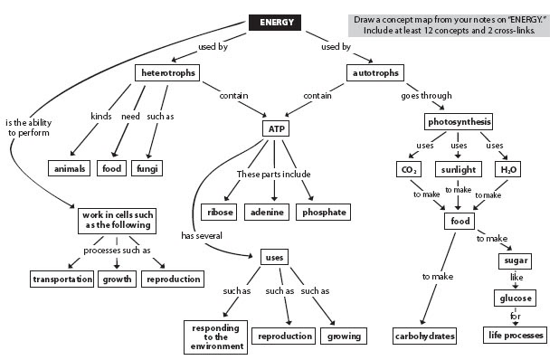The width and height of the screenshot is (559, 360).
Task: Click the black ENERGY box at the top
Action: (276, 23)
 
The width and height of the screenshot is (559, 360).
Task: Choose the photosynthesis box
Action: (458, 121)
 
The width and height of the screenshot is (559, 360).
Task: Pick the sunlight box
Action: (459, 169)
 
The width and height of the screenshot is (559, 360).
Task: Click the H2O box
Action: (510, 169)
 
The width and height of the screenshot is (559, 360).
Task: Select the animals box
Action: (70, 167)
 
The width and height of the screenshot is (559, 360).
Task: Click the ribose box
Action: (220, 212)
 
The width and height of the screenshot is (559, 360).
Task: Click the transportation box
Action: (62, 279)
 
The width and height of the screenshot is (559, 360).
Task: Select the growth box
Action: (117, 279)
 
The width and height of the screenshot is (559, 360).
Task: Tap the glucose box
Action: (514, 298)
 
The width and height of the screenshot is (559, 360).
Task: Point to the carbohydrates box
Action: (424, 336)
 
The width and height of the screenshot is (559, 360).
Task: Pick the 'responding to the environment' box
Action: (216, 336)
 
